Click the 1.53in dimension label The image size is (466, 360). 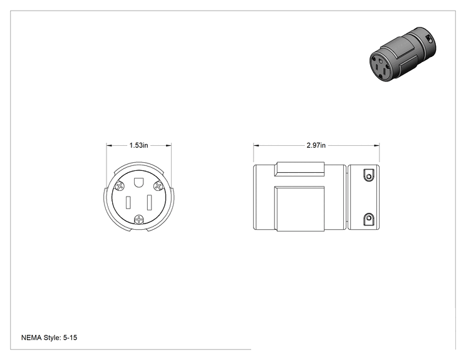click(138, 145)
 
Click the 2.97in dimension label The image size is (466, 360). click(316, 145)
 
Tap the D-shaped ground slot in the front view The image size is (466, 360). click(138, 182)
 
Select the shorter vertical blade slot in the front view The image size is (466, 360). click(128, 203)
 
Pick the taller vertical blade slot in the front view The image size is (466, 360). click(150, 203)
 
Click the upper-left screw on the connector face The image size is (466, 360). click(120, 186)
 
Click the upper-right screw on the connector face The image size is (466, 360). click(158, 186)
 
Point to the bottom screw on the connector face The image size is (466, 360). click(139, 220)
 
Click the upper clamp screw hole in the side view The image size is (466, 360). click(369, 177)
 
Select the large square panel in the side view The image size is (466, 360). click(299, 209)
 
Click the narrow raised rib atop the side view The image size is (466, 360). click(299, 169)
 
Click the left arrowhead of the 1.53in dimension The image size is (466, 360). click(109, 145)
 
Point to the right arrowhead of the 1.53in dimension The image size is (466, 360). click(168, 145)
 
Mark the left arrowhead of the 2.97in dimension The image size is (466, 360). click(256, 145)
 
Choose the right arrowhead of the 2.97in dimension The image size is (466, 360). click(376, 145)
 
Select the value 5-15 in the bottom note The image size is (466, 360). click(70, 337)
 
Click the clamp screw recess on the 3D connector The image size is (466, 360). click(429, 39)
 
